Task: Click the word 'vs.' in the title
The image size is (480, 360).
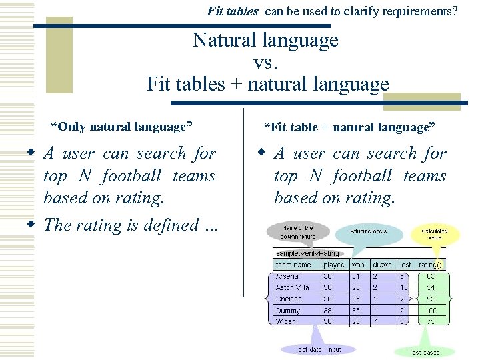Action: click(265, 63)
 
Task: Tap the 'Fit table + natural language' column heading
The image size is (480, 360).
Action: click(349, 127)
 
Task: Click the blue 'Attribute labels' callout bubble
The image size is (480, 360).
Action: click(368, 231)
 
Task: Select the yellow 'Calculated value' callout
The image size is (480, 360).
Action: click(434, 235)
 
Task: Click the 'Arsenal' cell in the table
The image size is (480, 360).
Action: click(288, 276)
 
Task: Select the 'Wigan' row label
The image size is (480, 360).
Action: click(287, 322)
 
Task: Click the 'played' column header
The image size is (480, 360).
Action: click(335, 265)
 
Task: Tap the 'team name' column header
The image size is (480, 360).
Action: click(293, 265)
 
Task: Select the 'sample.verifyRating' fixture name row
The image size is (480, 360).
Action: click(308, 253)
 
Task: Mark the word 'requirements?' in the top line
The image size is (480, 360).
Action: click(424, 11)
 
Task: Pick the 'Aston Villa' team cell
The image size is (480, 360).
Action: click(292, 287)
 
